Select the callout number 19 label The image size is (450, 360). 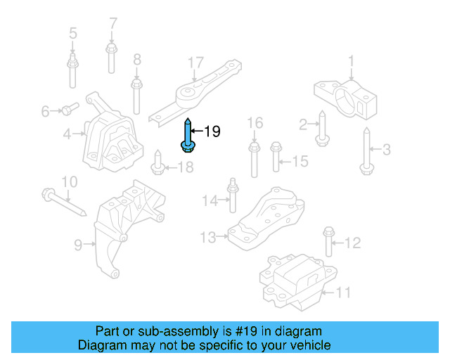pos(212,131)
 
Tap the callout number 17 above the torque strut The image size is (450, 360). pos(195,63)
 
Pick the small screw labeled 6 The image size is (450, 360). pos(68,109)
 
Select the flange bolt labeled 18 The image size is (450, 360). pos(158,166)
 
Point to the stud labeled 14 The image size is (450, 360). pos(231,196)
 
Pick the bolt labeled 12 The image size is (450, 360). pos(328,243)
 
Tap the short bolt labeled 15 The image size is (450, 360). pos(276,155)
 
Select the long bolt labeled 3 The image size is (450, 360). pos(366,150)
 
